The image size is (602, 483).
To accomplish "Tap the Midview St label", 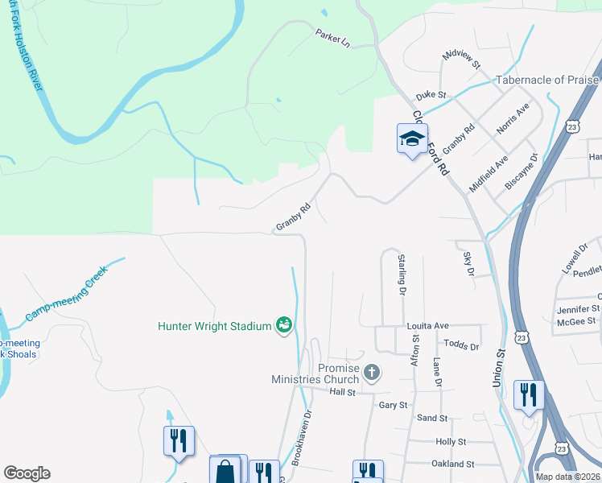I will pos(461,59).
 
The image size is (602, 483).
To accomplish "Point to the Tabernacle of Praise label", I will pos(547,80).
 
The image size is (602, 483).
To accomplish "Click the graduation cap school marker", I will pos(412,139).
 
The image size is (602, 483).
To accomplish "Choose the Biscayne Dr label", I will pos(521,171).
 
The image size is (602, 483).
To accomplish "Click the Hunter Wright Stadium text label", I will pos(214,326).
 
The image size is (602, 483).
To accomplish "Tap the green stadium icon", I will pos(284,325).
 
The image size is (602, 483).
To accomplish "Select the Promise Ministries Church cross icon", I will pos(371,372).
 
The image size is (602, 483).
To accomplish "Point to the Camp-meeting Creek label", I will pos(66,294).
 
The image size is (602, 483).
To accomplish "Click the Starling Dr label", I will pos(400,275).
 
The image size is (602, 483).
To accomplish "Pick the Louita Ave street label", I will pos(427,325).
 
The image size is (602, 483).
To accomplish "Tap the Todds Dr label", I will pos(461,346).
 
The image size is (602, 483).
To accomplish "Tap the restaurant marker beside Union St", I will pos(528,394).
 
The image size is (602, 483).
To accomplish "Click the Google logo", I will pos(27,473).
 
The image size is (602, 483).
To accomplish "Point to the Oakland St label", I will pos(453,464).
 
